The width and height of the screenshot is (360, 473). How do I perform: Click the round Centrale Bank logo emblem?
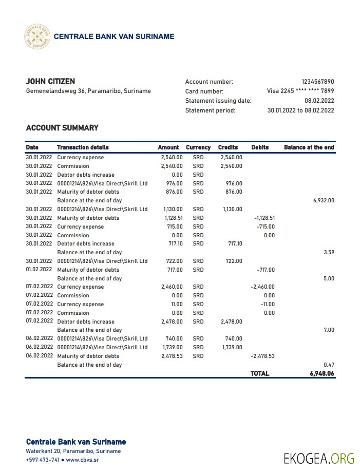point(37,36)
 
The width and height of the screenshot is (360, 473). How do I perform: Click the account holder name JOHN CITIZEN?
point(50,82)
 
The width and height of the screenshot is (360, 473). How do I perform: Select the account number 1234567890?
point(317,82)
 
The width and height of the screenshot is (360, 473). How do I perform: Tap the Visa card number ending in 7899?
point(300,91)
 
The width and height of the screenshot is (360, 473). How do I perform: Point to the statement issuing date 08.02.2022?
point(319,101)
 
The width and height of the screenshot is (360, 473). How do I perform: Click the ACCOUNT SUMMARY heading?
point(62,128)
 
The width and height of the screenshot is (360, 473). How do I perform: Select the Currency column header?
point(198,147)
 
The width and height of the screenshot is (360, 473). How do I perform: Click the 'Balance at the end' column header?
point(309,147)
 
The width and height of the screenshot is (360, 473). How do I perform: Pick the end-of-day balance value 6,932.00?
point(324,201)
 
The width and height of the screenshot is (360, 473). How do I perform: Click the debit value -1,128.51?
point(264,218)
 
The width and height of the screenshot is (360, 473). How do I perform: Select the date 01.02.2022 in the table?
point(39,270)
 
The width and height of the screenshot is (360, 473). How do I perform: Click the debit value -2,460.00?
point(262,287)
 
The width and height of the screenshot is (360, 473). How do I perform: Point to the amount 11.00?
point(176,304)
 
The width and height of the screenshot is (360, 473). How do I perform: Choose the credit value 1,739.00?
point(232,347)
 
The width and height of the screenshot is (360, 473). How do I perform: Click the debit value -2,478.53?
point(262,356)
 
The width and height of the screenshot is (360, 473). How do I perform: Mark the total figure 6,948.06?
point(322,374)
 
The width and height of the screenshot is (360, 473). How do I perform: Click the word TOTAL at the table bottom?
point(259,374)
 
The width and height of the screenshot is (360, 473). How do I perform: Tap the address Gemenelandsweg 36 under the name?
point(88,91)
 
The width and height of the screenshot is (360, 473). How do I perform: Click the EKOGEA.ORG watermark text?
point(318,458)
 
